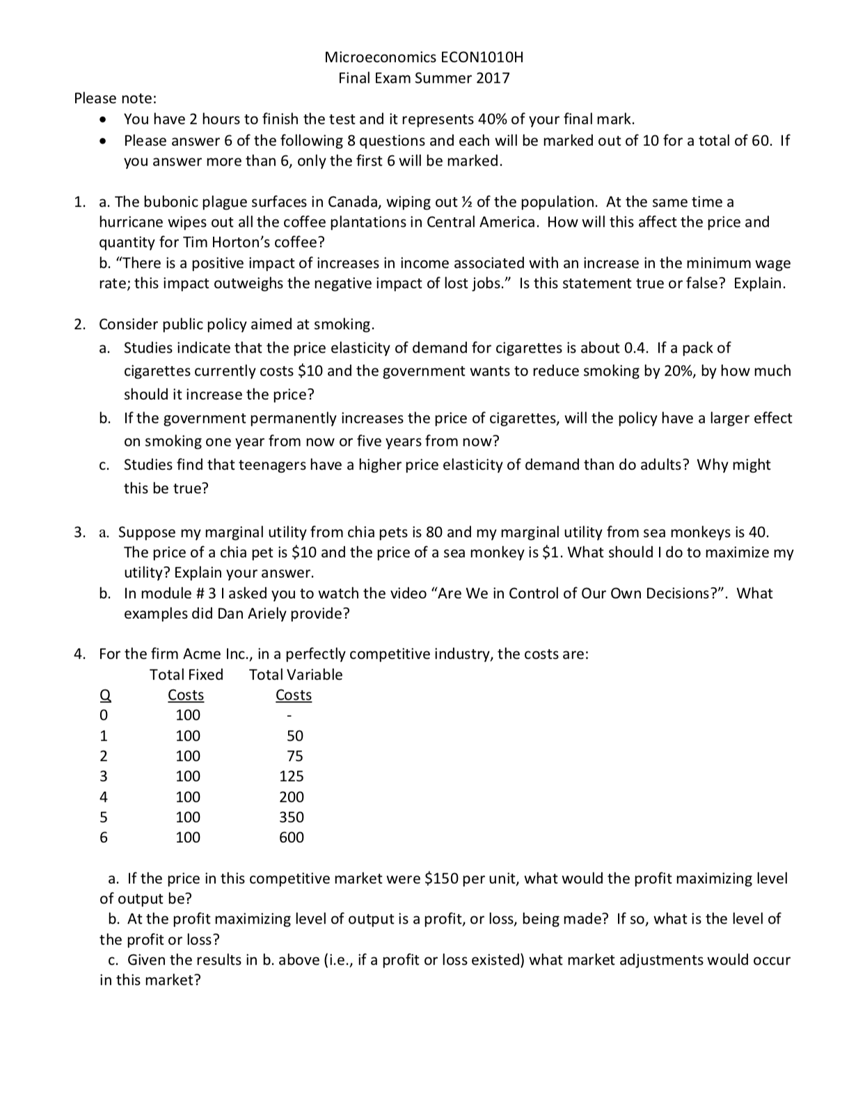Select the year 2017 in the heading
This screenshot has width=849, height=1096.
pos(493,78)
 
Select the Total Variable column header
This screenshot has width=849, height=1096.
pos(296,675)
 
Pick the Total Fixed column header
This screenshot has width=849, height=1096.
pos(187,675)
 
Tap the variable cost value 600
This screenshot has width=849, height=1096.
pos(292,838)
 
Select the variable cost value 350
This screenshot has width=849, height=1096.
pos(292,817)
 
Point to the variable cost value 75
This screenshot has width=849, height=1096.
pos(295,756)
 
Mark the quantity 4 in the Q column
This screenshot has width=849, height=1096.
pos(104,797)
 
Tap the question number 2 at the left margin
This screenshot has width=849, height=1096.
pos(81,325)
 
